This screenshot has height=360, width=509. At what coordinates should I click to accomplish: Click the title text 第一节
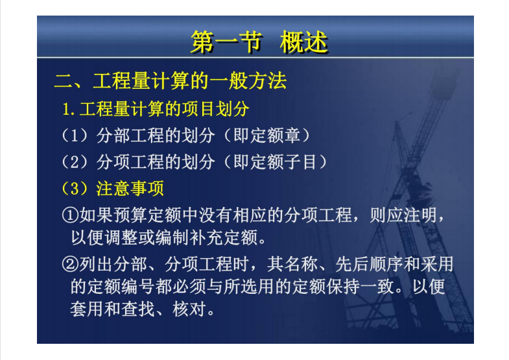226,42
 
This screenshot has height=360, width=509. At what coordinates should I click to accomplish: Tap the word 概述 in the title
304,42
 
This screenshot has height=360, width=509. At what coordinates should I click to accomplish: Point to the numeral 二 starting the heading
64,81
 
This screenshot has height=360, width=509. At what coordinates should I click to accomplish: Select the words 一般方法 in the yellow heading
248,81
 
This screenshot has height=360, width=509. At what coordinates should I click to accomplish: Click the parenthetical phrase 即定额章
268,136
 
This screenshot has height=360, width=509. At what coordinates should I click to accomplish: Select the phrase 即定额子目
276,162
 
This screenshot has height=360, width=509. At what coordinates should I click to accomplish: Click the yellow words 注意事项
130,188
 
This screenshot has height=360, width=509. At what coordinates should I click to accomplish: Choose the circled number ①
70,215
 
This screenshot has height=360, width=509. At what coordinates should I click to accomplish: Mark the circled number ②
70,264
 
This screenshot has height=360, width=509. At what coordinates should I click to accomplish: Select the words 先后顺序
369,264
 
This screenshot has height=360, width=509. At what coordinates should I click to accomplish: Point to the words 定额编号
121,287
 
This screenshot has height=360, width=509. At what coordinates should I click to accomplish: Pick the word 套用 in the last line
87,309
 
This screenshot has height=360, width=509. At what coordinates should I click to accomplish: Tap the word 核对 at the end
189,309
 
